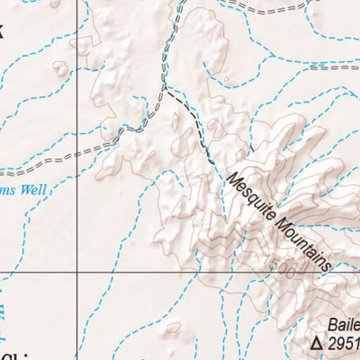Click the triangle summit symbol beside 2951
point(316,343)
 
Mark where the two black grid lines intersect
point(76,272)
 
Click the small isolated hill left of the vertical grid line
point(60,67)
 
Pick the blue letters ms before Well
point(7,191)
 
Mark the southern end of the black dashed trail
point(212,162)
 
